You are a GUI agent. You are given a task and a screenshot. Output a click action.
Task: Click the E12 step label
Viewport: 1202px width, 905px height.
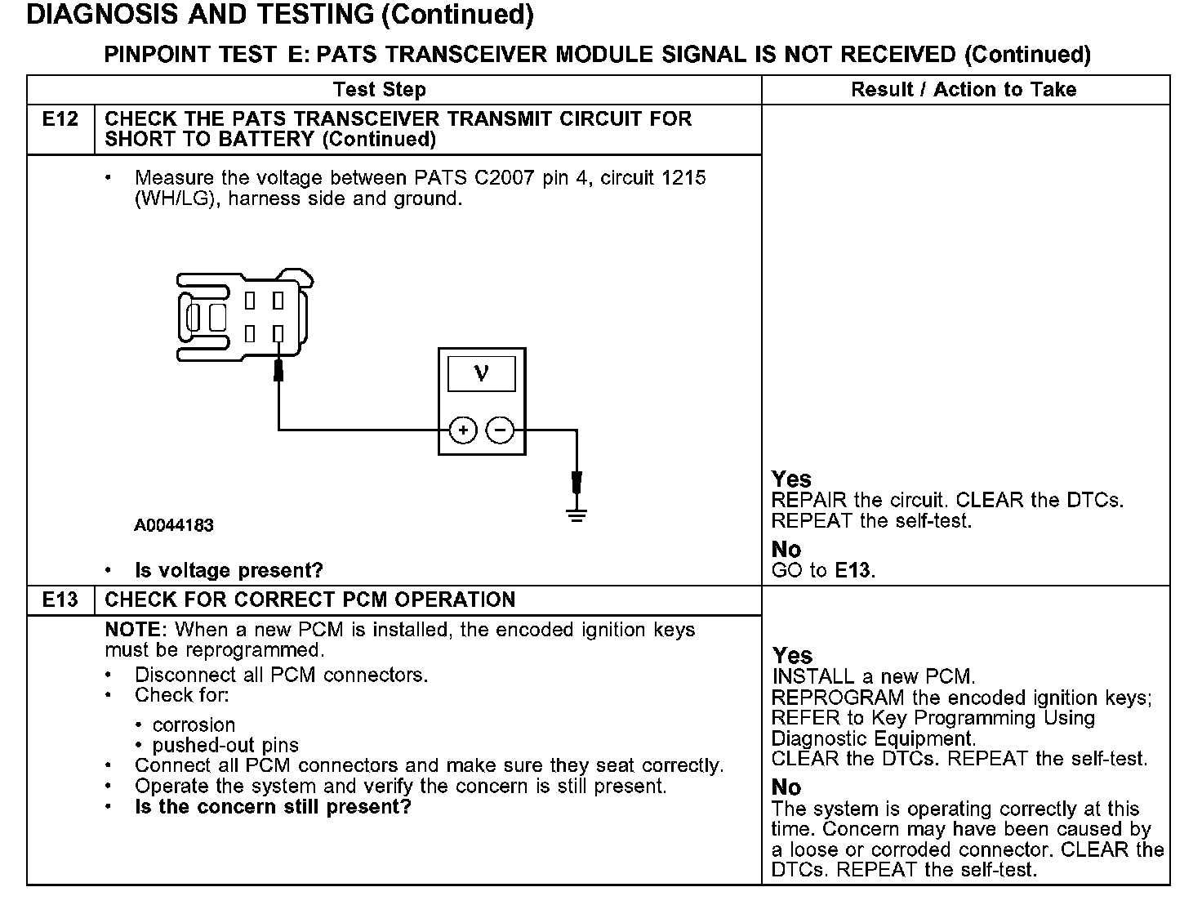60,119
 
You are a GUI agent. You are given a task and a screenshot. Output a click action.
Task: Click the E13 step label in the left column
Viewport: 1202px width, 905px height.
60,600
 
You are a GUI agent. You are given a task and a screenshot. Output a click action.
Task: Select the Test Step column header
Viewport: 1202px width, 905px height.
380,90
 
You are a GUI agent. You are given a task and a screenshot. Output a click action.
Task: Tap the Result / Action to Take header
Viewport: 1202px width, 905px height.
964,90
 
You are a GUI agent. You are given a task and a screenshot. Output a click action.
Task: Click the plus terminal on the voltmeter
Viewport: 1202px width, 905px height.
463,430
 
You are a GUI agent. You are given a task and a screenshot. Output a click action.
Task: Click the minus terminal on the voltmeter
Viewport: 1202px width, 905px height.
501,430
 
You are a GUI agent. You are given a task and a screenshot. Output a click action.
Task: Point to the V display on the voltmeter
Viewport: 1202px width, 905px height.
482,374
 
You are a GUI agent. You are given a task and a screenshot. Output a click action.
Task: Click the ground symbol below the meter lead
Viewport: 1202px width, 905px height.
577,515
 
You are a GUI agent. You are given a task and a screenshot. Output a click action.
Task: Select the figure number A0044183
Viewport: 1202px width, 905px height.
174,525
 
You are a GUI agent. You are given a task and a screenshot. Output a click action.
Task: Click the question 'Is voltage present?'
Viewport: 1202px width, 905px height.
229,570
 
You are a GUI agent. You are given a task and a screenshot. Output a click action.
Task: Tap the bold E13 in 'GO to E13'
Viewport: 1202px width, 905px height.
853,570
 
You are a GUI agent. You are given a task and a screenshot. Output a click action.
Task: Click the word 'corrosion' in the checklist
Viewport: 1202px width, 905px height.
194,724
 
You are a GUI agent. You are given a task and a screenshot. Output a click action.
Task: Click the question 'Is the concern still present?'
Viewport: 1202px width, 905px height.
273,807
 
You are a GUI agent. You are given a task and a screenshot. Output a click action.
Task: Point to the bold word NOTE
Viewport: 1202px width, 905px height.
135,630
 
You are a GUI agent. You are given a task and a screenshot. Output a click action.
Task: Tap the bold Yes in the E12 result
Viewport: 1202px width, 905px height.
791,479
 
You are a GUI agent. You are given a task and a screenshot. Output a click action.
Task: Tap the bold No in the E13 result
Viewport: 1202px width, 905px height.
786,787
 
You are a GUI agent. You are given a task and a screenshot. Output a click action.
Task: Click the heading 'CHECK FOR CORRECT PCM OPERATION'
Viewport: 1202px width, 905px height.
310,600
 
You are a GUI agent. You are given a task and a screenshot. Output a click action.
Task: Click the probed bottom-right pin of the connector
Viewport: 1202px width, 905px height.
278,333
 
